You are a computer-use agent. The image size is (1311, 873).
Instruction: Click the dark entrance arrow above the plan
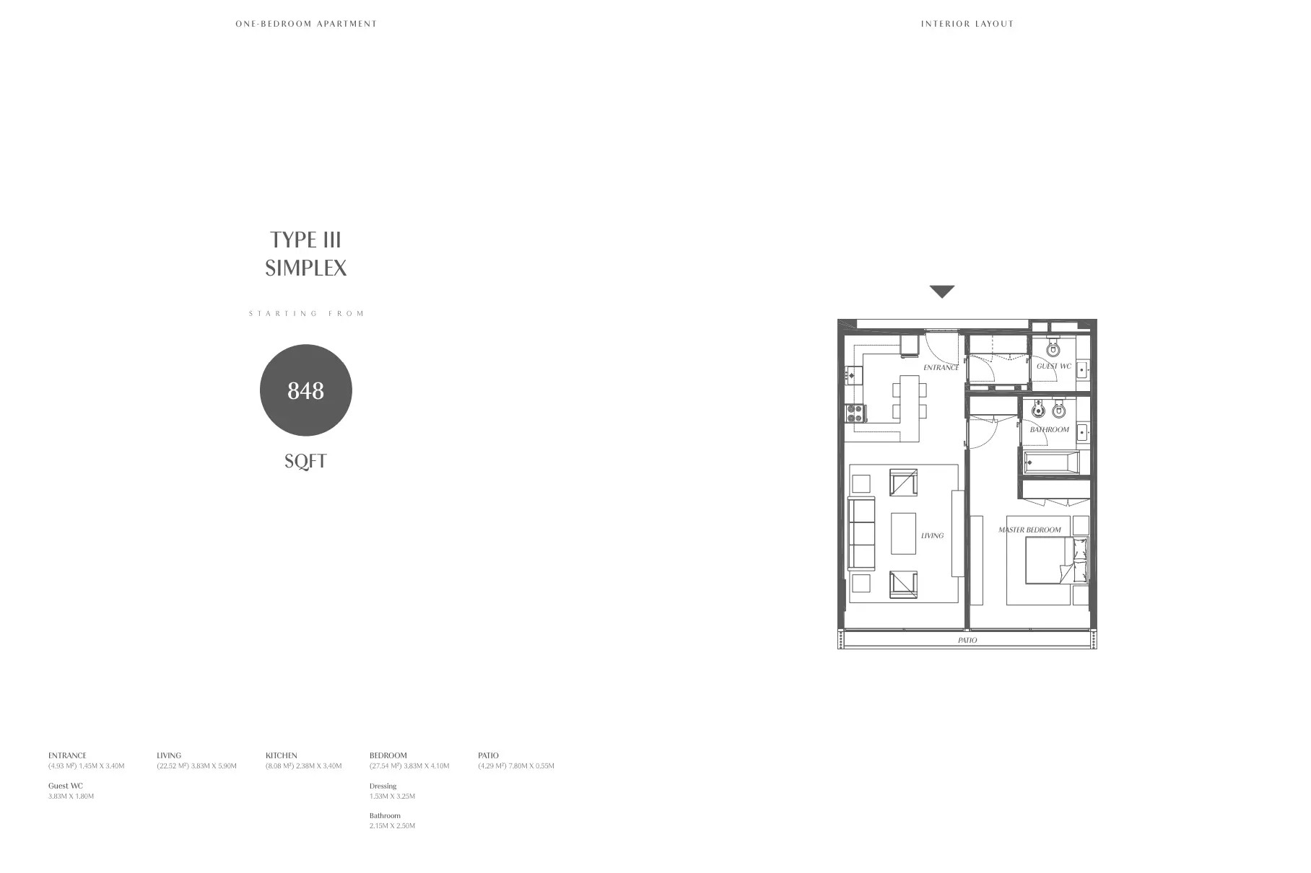(x=942, y=291)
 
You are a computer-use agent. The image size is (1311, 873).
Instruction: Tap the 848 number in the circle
(x=305, y=390)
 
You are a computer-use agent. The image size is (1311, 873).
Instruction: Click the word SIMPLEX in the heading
(x=306, y=268)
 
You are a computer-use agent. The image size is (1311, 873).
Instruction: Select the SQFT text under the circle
(x=305, y=461)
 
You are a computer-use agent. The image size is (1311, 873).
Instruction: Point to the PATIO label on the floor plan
(x=967, y=640)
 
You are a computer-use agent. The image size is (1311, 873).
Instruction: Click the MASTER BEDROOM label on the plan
(x=1029, y=530)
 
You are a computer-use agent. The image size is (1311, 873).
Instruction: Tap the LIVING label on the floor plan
(x=932, y=535)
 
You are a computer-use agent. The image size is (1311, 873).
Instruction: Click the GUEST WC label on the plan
(x=1054, y=366)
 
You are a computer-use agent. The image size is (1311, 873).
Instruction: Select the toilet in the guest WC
(x=1053, y=349)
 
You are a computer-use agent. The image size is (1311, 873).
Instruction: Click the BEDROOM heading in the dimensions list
(x=388, y=755)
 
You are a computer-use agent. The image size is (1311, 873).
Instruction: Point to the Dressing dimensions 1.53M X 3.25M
(x=392, y=797)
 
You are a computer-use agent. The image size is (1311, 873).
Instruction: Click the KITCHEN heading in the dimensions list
(x=282, y=755)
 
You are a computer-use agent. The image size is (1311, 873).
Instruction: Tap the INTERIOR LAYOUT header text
(x=967, y=24)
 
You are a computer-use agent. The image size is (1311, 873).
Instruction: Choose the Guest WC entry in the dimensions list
(x=66, y=786)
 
